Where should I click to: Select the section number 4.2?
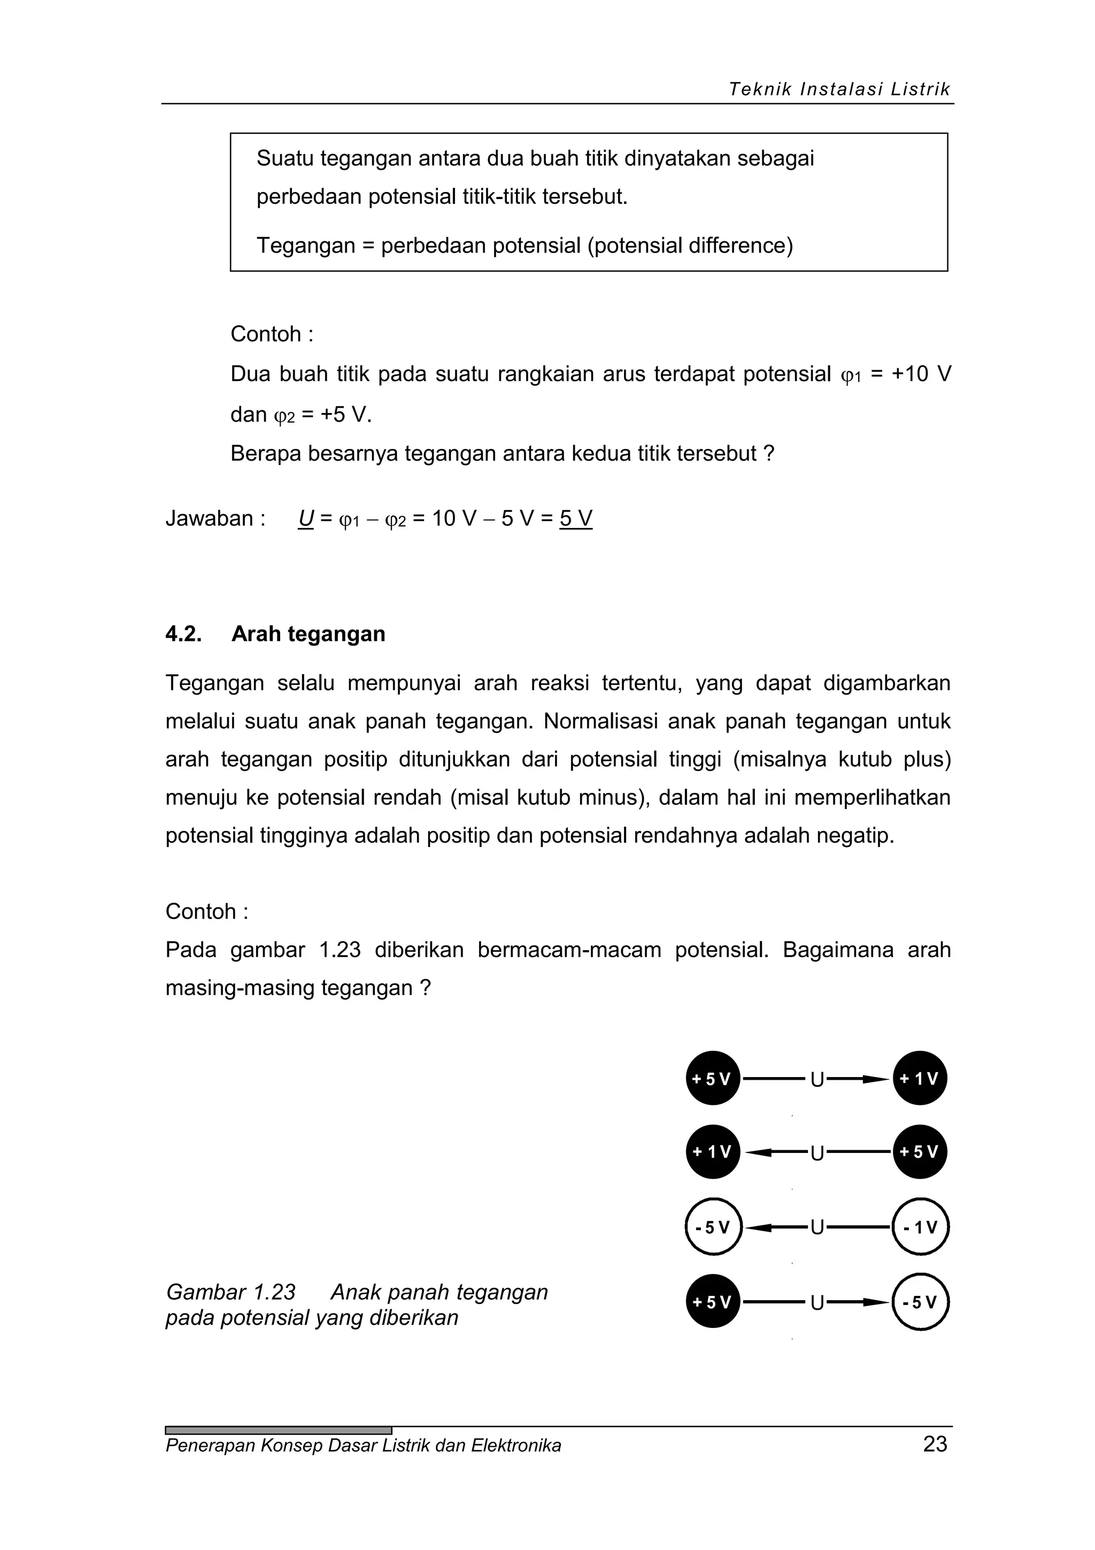point(183,634)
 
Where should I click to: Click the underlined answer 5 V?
point(575,518)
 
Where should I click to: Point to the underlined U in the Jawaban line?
point(306,518)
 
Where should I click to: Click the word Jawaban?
point(209,518)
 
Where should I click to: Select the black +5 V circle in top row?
point(713,1079)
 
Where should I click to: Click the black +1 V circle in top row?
point(920,1079)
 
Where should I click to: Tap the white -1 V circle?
point(920,1227)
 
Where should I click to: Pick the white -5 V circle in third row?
point(713,1227)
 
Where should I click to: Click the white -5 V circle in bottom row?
point(920,1302)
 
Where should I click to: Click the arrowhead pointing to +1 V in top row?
point(878,1079)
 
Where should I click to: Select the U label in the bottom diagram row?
point(816,1302)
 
